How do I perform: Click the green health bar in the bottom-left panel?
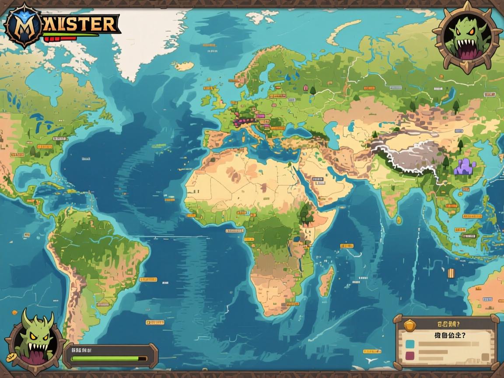point(105,358)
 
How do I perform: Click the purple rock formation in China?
point(465,167)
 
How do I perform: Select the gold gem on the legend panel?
point(409,325)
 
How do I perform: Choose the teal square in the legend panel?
point(409,343)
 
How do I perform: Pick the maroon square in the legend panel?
point(409,356)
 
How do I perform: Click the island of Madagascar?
point(326,280)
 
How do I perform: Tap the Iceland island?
point(184,66)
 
